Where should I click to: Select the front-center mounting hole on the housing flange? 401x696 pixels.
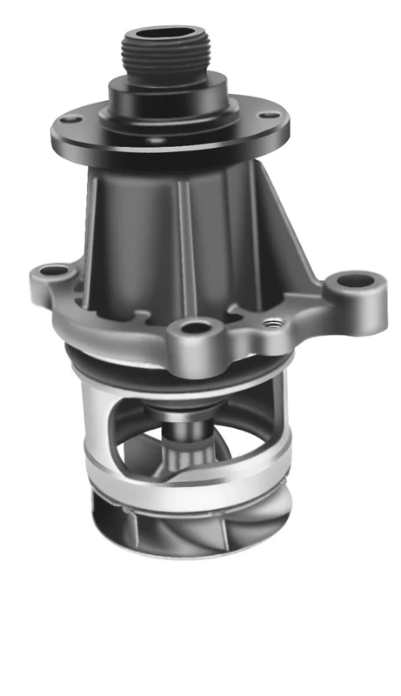pyautogui.click(x=196, y=329)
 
